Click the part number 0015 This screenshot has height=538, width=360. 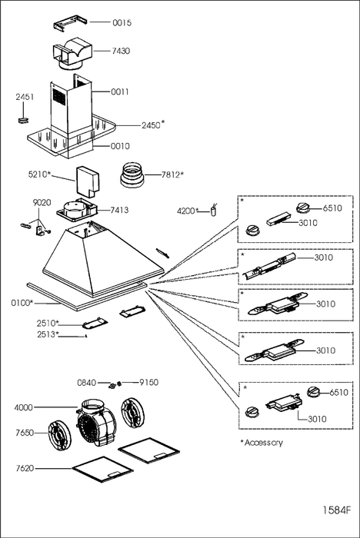(x=122, y=22)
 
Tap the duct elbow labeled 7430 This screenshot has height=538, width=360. (x=72, y=54)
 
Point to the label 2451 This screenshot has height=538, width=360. (x=25, y=97)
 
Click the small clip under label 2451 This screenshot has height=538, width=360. (x=23, y=119)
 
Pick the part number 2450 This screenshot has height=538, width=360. (x=151, y=125)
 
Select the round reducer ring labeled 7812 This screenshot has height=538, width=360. (x=132, y=175)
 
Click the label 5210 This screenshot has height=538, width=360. (x=38, y=174)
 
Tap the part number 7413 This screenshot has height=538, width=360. (x=119, y=210)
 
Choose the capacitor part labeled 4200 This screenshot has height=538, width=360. (x=215, y=211)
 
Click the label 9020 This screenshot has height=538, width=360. (x=42, y=202)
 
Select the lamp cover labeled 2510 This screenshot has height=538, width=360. (x=95, y=323)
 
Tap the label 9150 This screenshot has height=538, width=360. (x=148, y=382)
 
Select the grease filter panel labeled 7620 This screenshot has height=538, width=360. (x=102, y=469)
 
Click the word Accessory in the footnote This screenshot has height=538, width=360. (x=264, y=443)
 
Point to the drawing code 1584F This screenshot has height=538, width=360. (x=337, y=510)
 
